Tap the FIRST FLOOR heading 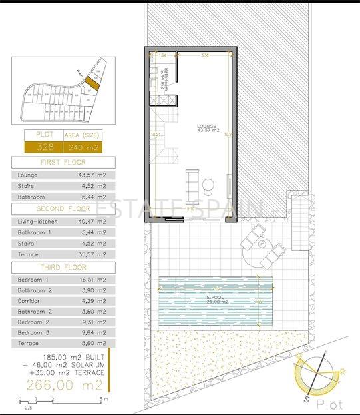click(63, 162)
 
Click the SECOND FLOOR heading click(63, 208)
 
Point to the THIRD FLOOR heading click(63, 266)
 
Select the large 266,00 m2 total click(65, 386)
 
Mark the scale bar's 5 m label click(103, 400)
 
